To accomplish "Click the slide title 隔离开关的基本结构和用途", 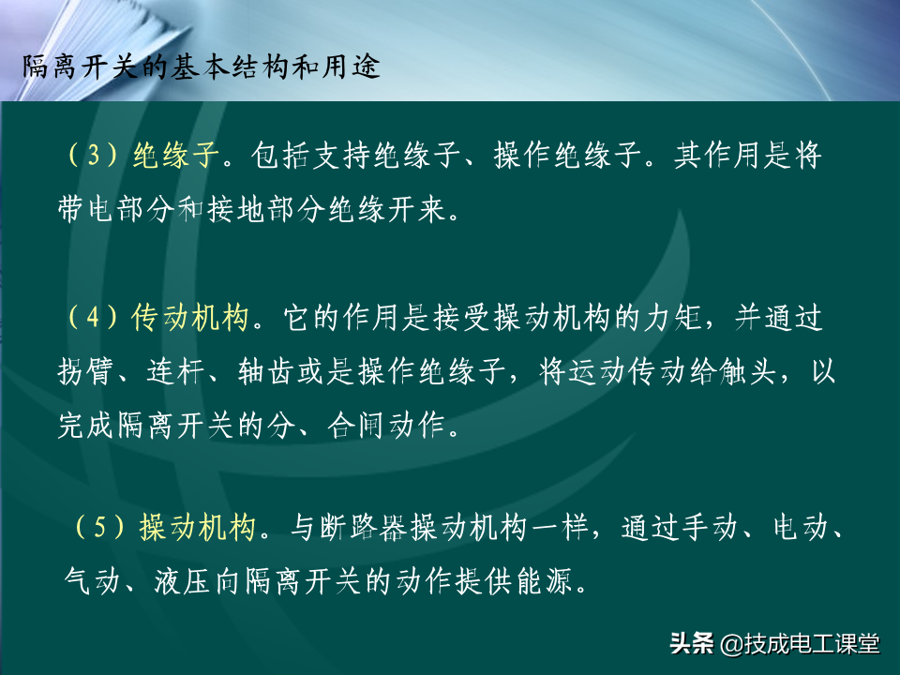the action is [202, 67].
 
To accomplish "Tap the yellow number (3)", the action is [94, 155].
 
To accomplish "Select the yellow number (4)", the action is [94, 317].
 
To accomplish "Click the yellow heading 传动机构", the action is [190, 317].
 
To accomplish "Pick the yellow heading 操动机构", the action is [198, 526].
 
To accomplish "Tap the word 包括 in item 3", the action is [280, 155].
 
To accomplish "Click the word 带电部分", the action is [115, 208].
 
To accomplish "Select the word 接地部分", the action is [266, 208].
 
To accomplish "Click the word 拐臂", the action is [85, 371].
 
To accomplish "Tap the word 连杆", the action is [175, 371].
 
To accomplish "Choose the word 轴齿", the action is [266, 371].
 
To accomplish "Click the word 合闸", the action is [356, 426].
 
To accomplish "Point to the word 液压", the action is [183, 581].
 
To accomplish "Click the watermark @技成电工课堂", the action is [799, 643].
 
